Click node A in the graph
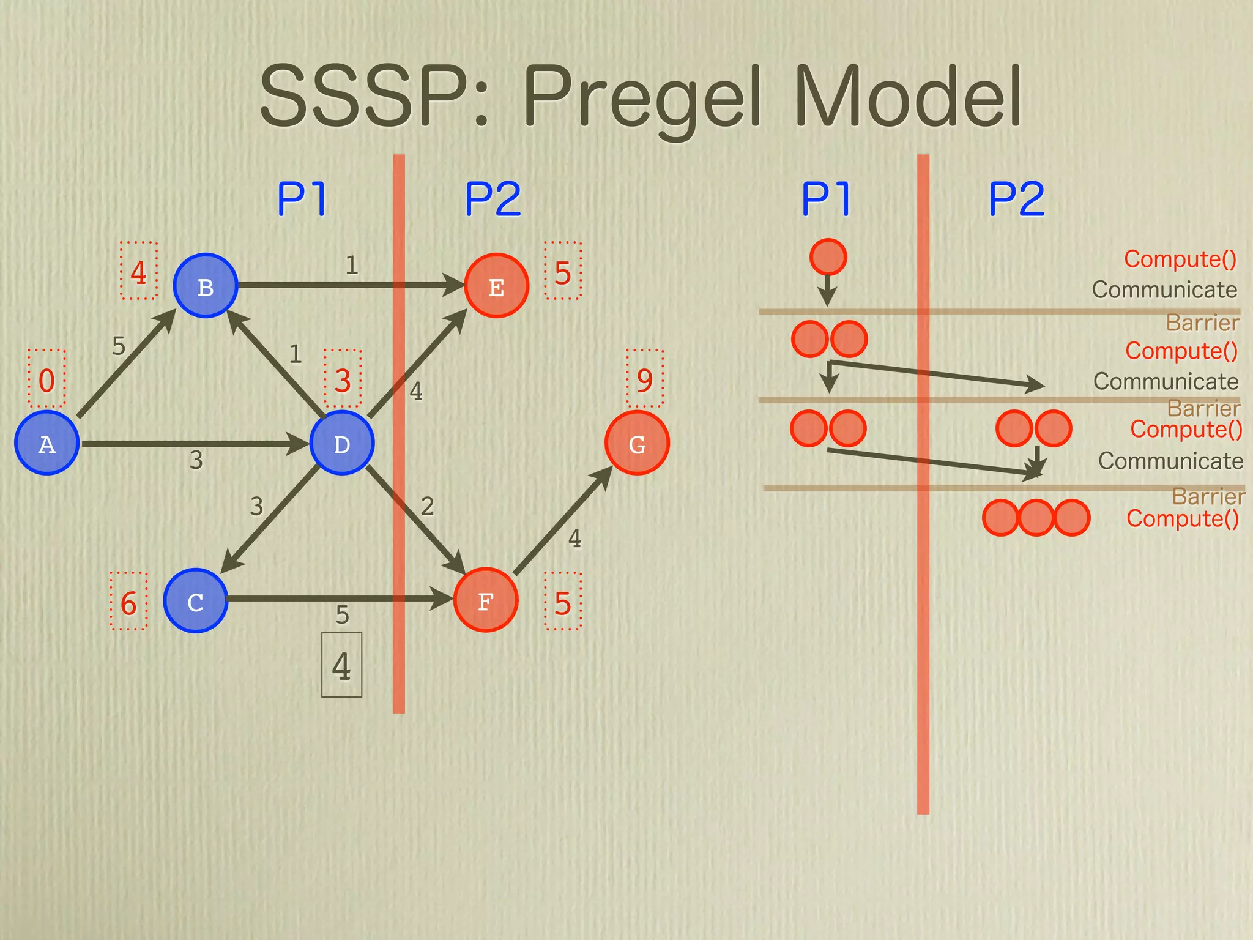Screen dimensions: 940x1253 (46, 443)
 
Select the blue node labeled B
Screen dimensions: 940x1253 (206, 286)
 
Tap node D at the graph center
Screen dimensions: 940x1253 (342, 443)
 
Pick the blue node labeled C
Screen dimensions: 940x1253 (196, 601)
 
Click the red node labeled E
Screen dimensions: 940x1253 (496, 286)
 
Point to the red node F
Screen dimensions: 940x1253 (486, 600)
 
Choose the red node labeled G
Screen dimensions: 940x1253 (637, 443)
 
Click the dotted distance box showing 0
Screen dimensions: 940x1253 (46, 379)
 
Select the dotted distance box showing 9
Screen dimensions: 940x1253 (645, 379)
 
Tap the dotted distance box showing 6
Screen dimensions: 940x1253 (128, 602)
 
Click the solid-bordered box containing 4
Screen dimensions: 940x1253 (342, 665)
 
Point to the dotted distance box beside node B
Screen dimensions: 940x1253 (138, 271)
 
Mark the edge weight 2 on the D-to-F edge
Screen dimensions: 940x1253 (427, 506)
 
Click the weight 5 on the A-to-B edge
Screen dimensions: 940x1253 (119, 346)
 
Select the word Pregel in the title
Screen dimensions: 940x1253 (643, 97)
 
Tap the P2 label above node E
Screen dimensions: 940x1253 (493, 199)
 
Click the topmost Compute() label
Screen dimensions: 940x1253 (1180, 259)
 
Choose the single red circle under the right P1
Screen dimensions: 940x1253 (828, 257)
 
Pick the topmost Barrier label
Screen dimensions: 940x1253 (1202, 323)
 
